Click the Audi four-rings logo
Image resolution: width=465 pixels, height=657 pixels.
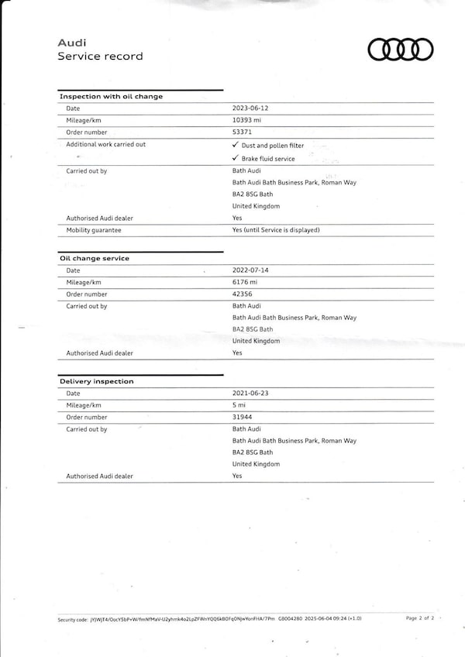[401, 50]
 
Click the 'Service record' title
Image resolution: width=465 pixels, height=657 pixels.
[100, 57]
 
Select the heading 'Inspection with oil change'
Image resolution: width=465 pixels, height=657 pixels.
[111, 96]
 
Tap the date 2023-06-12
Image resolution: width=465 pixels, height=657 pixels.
[250, 108]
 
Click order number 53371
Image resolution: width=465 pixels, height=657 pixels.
[243, 132]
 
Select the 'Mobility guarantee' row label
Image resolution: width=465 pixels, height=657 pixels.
[94, 230]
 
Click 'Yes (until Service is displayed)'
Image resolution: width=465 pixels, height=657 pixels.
[276, 230]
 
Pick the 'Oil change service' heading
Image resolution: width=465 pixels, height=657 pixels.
[95, 258]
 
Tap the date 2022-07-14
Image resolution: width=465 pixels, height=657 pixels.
[250, 270]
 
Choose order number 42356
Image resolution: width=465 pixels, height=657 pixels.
[243, 294]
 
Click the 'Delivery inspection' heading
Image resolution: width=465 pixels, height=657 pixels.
[96, 381]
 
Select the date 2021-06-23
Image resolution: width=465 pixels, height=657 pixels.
[250, 394]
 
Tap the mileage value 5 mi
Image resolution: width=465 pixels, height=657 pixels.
[239, 405]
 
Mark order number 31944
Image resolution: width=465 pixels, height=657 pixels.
[243, 417]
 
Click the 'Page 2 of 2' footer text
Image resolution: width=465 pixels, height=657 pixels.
[421, 618]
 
